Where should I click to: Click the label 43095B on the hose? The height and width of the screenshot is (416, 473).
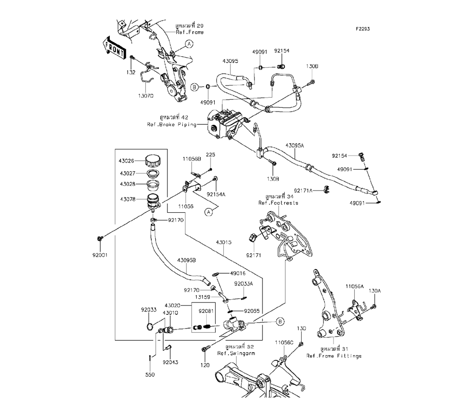(x=187, y=260)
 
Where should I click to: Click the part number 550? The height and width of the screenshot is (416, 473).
(x=150, y=374)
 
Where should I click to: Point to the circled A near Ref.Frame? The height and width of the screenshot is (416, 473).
(x=189, y=44)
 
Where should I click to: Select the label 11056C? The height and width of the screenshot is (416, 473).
(x=284, y=341)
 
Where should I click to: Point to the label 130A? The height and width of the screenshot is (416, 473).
(x=374, y=291)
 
